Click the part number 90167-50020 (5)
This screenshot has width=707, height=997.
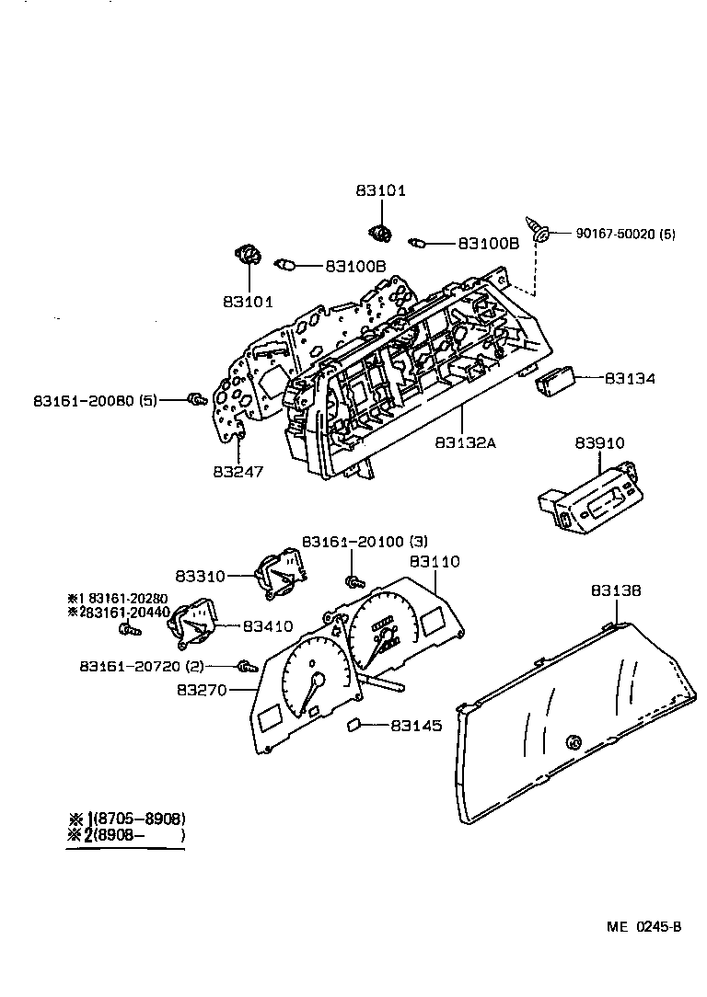(x=625, y=235)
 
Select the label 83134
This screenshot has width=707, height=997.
(x=630, y=378)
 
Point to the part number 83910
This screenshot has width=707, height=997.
(x=599, y=443)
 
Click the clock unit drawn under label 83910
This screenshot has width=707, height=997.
(x=585, y=498)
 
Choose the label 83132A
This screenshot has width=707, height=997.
(x=466, y=443)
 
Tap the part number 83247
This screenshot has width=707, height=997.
(x=238, y=472)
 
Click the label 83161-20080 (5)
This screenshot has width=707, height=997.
(x=96, y=402)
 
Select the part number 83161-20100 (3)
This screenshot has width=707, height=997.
(x=365, y=542)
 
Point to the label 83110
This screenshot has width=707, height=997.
(x=435, y=561)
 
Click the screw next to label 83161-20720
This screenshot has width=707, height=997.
(x=245, y=667)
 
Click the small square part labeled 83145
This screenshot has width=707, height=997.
(x=352, y=726)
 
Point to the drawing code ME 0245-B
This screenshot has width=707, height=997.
(x=643, y=926)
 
